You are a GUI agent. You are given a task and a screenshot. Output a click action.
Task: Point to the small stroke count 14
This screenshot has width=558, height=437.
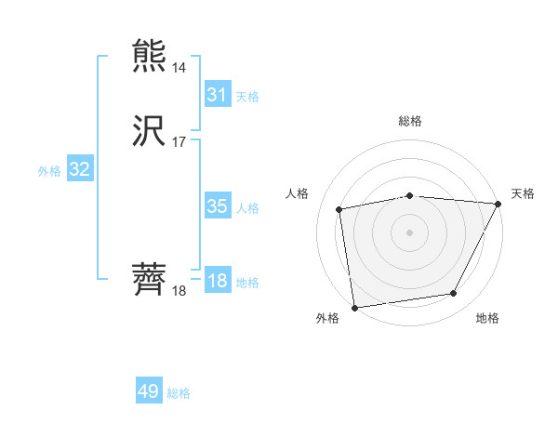point(179,68)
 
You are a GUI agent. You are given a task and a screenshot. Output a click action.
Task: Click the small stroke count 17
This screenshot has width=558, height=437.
point(179,142)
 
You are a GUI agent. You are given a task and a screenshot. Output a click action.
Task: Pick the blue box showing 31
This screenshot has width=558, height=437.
point(217,95)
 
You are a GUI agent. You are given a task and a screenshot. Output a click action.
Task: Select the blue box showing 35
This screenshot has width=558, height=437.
point(217,206)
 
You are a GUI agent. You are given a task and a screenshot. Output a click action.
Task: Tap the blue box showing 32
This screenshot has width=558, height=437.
point(79,169)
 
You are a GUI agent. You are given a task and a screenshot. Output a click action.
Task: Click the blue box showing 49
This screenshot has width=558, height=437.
point(149,391)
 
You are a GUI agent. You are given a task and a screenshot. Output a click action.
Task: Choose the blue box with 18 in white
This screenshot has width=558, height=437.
point(217,281)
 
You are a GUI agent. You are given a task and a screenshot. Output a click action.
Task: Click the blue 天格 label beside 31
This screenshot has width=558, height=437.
point(247,97)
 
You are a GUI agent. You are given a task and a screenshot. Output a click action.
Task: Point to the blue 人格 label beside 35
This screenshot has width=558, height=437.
point(247,208)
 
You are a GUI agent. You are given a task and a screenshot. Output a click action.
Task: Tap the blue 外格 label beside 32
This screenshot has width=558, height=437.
point(49,171)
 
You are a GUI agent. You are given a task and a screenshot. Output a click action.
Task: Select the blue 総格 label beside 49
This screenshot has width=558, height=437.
point(179,393)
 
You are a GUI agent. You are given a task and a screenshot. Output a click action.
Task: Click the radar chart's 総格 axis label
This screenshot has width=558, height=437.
point(409,121)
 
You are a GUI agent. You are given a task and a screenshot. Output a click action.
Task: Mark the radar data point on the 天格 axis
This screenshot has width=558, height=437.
point(498,204)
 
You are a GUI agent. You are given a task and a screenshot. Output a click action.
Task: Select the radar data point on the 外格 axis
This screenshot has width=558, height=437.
point(354,306)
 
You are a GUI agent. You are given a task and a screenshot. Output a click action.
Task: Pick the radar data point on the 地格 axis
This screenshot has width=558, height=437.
point(454,293)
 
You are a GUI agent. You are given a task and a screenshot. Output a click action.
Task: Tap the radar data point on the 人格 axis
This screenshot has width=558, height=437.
point(339,209)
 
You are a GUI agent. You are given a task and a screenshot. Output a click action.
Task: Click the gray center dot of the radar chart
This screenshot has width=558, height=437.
point(409,232)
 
